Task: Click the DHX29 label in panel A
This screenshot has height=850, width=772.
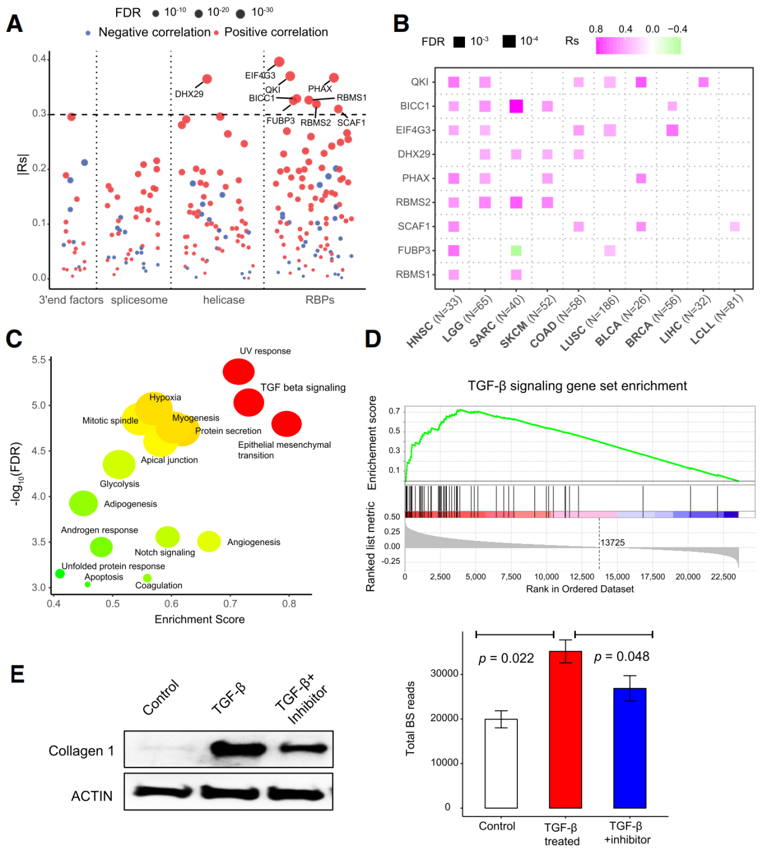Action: (189, 94)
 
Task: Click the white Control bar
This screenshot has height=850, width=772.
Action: (501, 763)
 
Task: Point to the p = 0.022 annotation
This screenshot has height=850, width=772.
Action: (506, 658)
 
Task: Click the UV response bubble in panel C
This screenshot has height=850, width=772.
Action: (239, 372)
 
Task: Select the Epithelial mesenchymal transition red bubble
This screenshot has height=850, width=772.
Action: (286, 424)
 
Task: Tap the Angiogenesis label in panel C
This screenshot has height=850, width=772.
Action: (253, 542)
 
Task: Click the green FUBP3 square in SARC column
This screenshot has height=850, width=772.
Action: (516, 251)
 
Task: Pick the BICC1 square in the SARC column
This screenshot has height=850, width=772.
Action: (516, 106)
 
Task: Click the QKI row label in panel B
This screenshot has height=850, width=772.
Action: (420, 82)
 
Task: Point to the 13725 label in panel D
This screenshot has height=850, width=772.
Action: (613, 543)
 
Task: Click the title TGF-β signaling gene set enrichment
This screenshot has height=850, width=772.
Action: (577, 386)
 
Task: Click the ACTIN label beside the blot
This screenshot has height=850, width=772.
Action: (91, 796)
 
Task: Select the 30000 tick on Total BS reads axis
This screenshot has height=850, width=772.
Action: (444, 674)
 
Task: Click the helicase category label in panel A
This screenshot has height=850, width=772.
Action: (223, 300)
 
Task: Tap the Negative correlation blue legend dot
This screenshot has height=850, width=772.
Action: (88, 33)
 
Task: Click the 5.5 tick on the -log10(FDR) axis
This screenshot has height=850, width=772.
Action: (39, 360)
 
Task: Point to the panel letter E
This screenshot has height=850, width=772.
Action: (18, 674)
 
